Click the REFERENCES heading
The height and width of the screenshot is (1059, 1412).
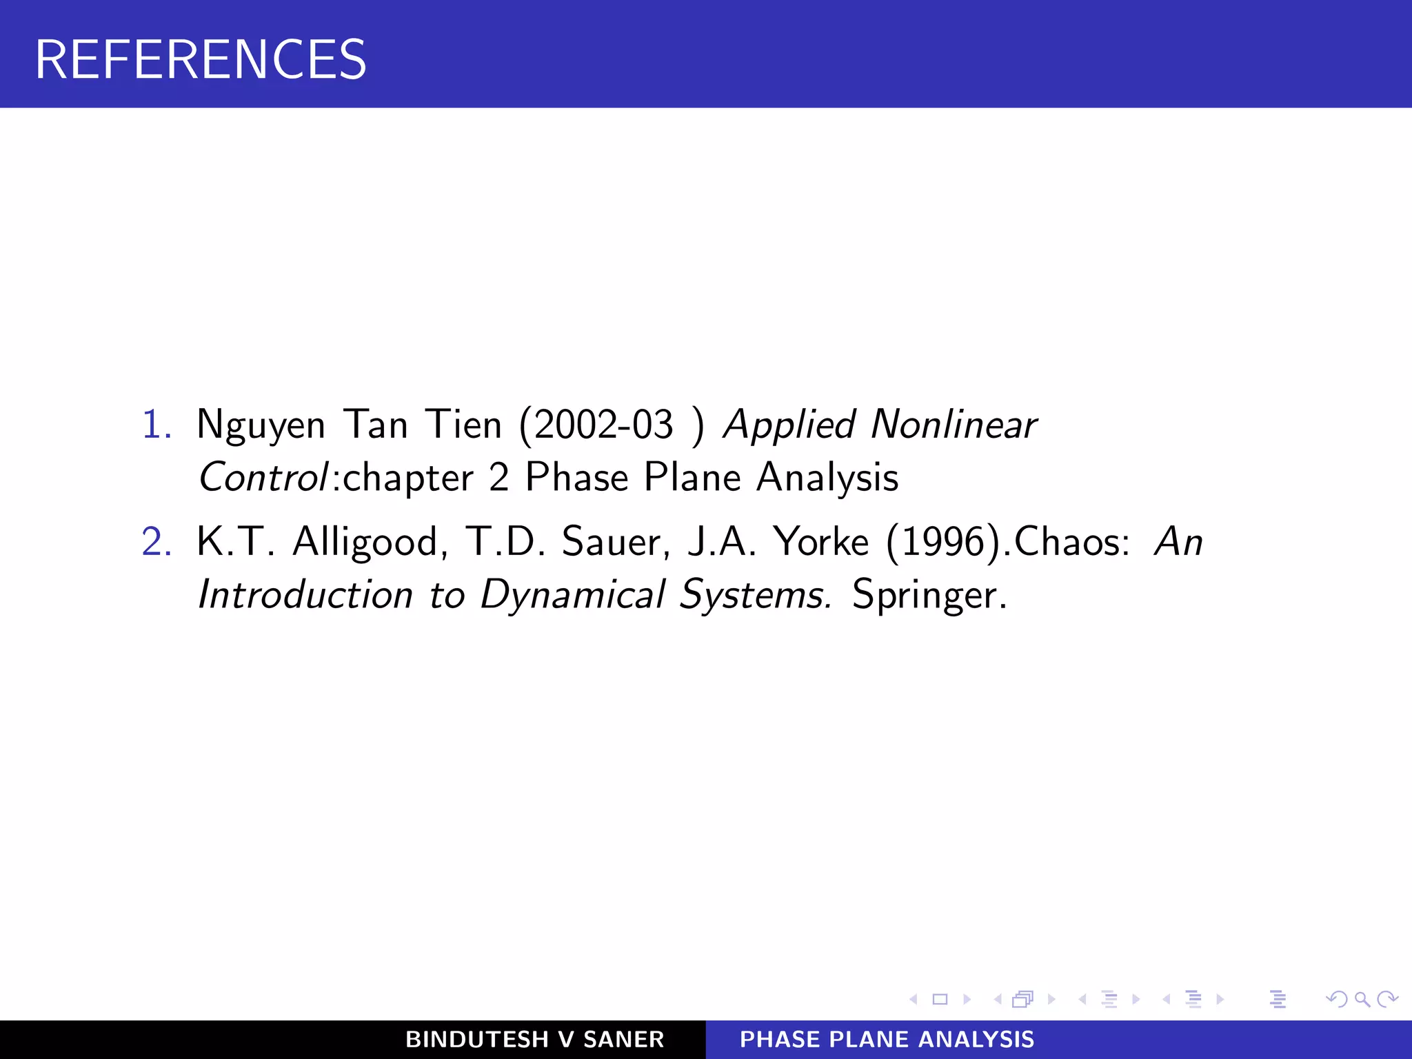point(200,59)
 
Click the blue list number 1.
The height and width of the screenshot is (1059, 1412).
point(156,424)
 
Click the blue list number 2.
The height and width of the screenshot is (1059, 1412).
point(156,541)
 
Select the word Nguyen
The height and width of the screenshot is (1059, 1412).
point(261,425)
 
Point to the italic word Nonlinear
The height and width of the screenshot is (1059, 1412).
point(954,424)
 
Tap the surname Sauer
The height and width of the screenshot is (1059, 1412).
point(614,543)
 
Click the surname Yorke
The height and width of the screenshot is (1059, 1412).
point(820,542)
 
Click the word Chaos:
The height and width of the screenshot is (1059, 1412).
point(1072,542)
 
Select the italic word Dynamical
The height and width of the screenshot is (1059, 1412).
point(572,595)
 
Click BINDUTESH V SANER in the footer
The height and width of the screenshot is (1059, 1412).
point(534,1039)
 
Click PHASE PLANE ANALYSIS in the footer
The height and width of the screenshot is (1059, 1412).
point(887,1039)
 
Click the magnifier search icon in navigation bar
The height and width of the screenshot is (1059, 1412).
point(1362,999)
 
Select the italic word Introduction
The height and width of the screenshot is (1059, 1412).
point(305,595)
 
